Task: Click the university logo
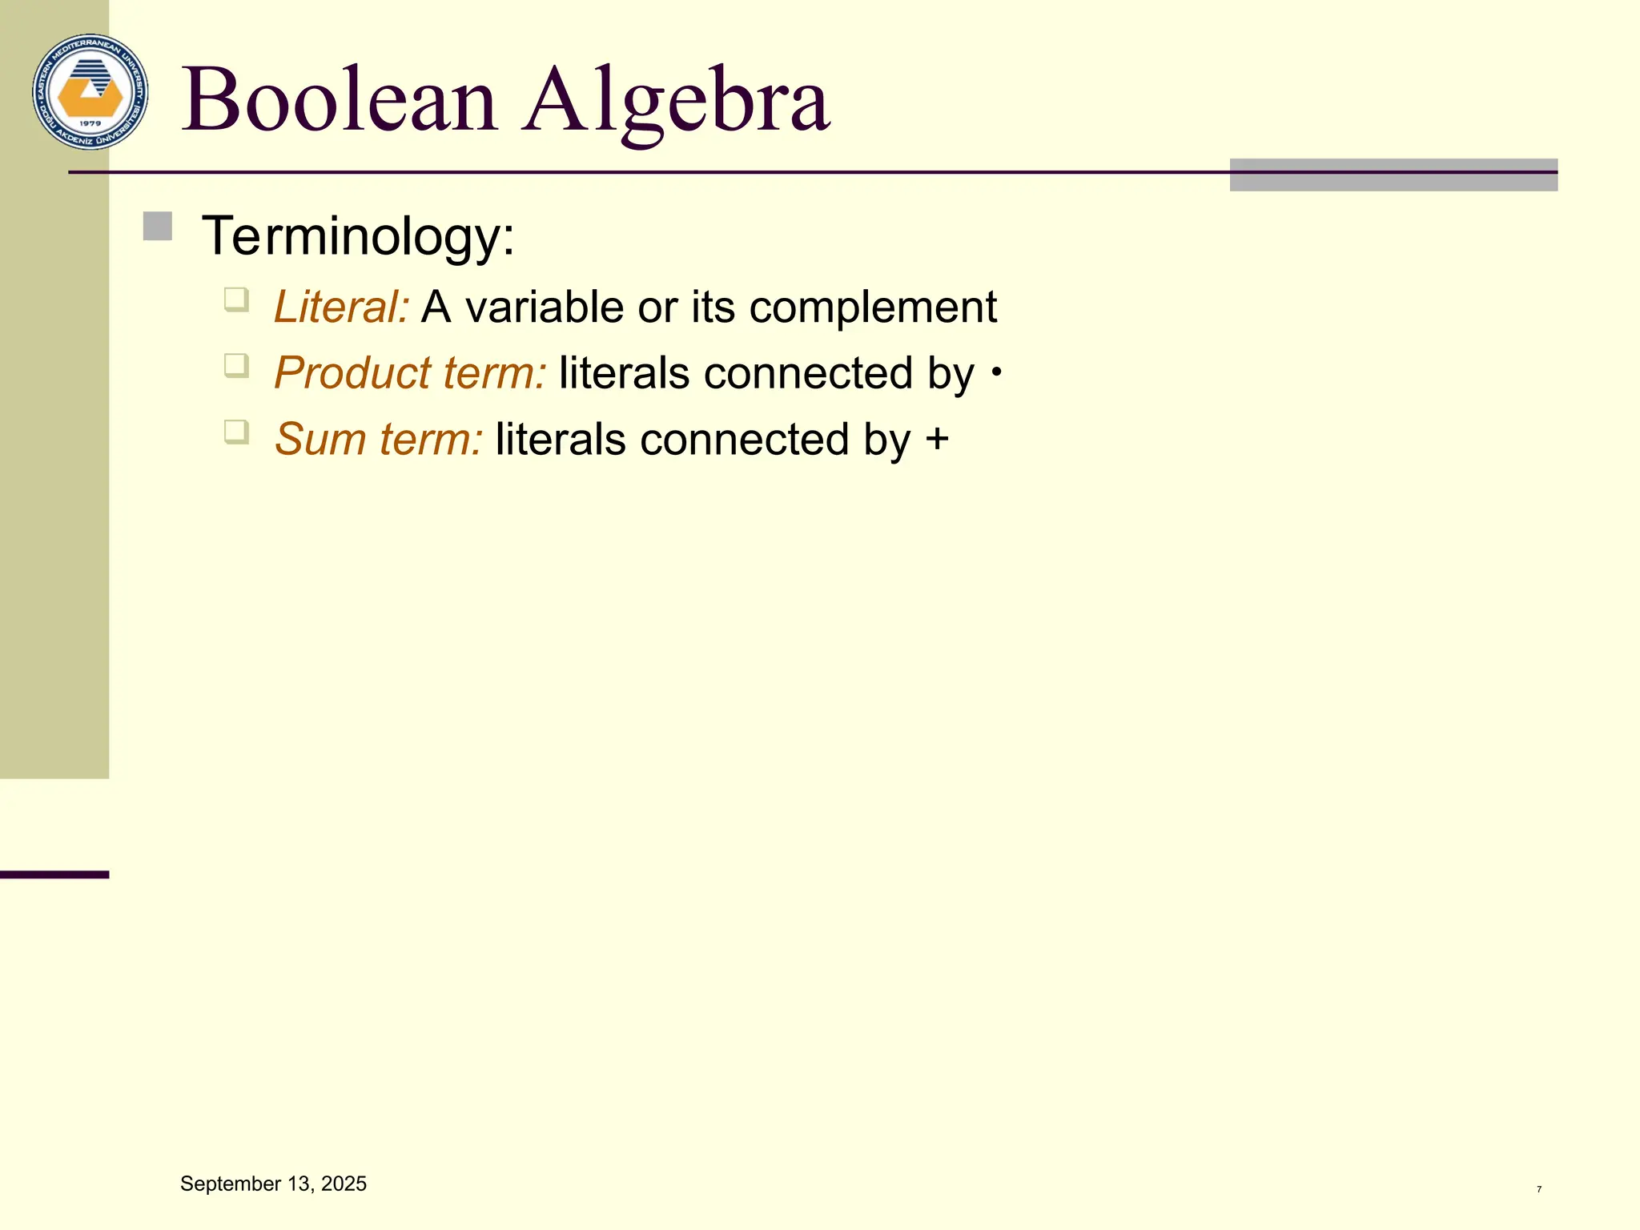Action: pyautogui.click(x=90, y=92)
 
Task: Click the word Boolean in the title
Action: pyautogui.click(x=340, y=101)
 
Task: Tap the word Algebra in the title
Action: pyautogui.click(x=676, y=101)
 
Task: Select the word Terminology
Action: pyautogui.click(x=357, y=236)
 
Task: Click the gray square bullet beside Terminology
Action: pyautogui.click(x=158, y=226)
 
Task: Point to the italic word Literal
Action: pyautogui.click(x=341, y=307)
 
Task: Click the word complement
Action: pyautogui.click(x=873, y=308)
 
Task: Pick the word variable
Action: pyautogui.click(x=545, y=307)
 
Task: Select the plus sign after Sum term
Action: pyautogui.click(x=937, y=440)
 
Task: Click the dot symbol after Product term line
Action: pyautogui.click(x=996, y=372)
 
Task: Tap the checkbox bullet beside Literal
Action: pyautogui.click(x=236, y=299)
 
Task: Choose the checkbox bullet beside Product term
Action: pyautogui.click(x=236, y=366)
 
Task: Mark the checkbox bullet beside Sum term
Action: pyautogui.click(x=236, y=432)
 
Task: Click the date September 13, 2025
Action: pyautogui.click(x=273, y=1184)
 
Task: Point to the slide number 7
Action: pyautogui.click(x=1539, y=1189)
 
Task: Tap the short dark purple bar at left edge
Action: pyautogui.click(x=54, y=874)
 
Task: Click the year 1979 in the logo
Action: pyautogui.click(x=90, y=123)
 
